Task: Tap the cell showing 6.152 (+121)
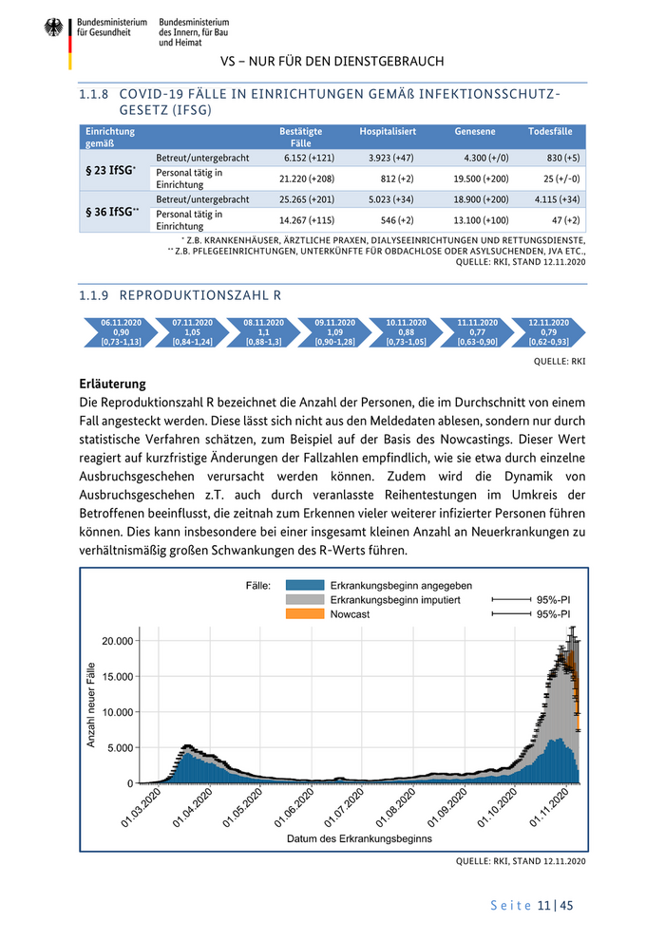(x=309, y=157)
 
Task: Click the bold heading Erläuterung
(x=113, y=385)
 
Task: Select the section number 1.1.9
(x=95, y=294)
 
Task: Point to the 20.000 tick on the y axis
(x=119, y=641)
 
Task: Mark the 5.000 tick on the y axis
(x=122, y=747)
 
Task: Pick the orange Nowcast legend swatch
(x=302, y=614)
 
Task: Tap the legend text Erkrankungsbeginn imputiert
(x=395, y=600)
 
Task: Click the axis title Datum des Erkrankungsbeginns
(x=359, y=838)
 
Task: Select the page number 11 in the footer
(x=544, y=905)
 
